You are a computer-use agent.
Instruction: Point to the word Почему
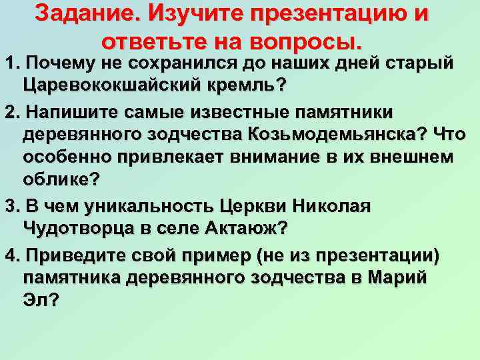click(x=57, y=65)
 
